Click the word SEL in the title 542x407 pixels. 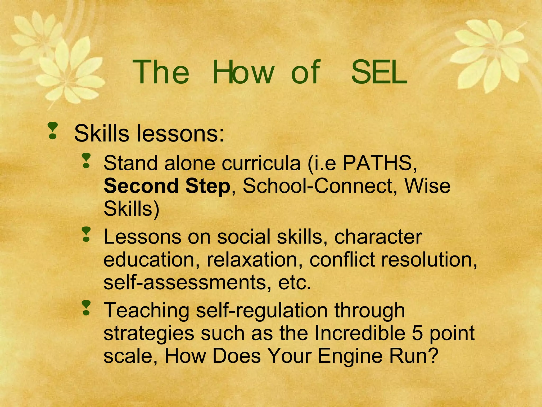[x=379, y=72]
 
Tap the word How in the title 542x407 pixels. [x=243, y=72]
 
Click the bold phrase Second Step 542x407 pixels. [x=167, y=186]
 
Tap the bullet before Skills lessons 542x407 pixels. [x=53, y=131]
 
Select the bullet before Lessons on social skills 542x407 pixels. [x=86, y=234]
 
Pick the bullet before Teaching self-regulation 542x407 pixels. [x=86, y=308]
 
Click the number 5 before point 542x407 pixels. [x=417, y=333]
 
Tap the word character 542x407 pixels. [x=378, y=237]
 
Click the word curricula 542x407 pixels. [x=261, y=163]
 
